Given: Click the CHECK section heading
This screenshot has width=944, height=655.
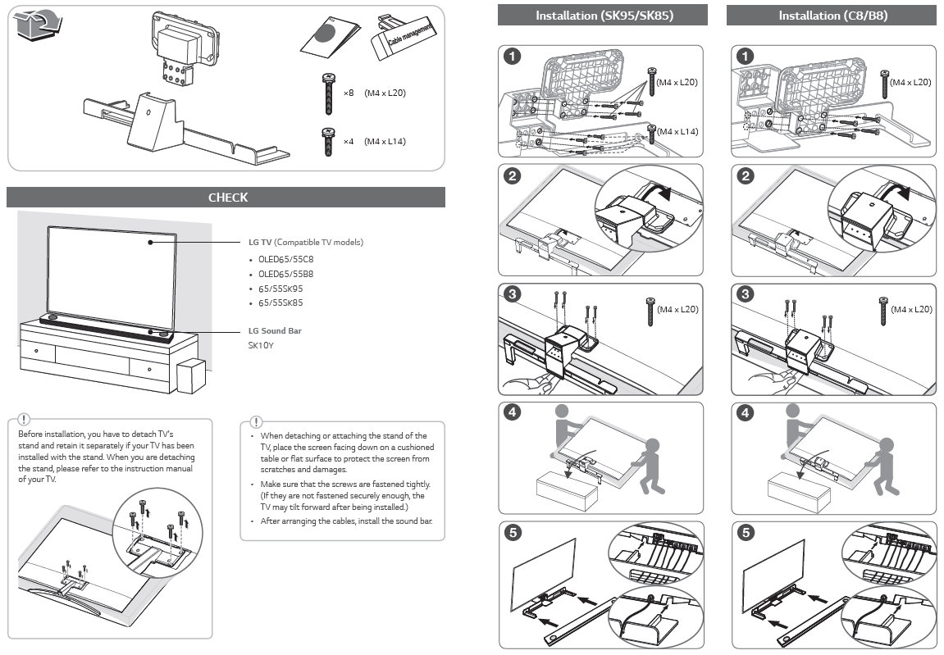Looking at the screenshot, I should pos(227,198).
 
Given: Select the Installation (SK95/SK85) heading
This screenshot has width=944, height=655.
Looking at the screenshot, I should pos(604,16).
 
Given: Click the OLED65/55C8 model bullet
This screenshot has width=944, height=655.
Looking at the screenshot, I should pos(286,259).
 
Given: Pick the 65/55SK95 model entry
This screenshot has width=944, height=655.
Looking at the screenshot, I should pos(280,289).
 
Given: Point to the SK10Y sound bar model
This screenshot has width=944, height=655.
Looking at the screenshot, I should pos(262,346).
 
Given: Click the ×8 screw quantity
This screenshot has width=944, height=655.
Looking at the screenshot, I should pos(349,93).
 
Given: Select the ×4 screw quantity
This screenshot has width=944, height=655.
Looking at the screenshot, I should pos(349,142).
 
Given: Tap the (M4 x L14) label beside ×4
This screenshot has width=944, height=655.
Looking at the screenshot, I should pos(385,142).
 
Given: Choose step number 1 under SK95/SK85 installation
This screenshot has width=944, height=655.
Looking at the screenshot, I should pos(512,57).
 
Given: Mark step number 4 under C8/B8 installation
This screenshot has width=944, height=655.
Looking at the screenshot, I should pos(745,413).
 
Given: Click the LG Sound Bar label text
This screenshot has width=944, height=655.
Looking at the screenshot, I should pos(275,331).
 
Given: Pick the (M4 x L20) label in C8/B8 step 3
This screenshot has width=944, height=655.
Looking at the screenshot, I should pos(911,309).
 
